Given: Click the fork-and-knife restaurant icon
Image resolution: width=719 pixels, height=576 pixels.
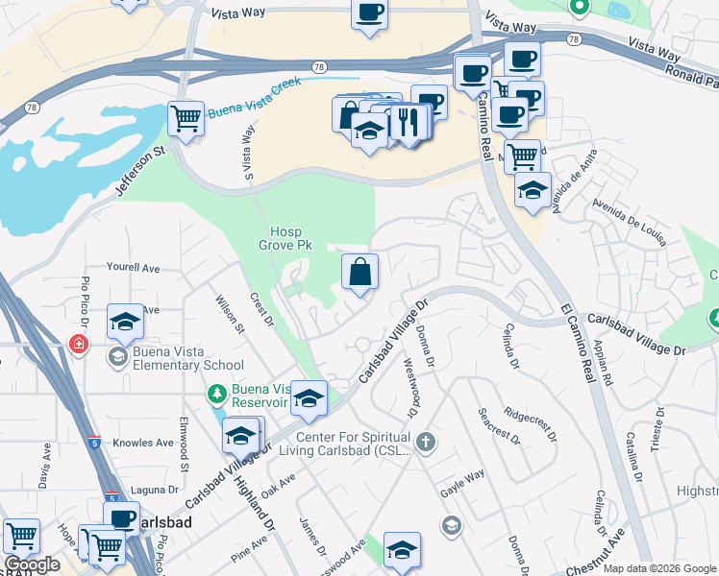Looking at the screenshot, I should tap(409, 122).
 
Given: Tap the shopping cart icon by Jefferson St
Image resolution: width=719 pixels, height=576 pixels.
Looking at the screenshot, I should tap(186, 119).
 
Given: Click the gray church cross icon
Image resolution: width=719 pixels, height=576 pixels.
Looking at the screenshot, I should tap(426, 443).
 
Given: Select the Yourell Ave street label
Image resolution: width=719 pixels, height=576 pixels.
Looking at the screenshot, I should tap(133, 269).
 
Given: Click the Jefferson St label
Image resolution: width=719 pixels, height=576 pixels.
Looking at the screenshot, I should tap(142, 172).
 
